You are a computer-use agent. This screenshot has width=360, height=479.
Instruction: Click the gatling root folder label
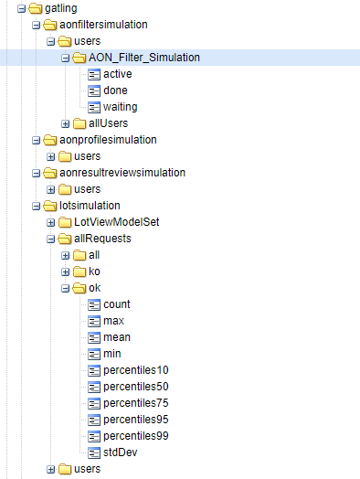pos(60,8)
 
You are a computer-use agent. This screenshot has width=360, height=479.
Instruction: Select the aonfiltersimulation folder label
pos(97,25)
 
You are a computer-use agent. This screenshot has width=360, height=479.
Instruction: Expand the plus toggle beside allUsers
pos(66,123)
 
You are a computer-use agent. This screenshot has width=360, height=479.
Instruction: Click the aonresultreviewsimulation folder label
pos(115,173)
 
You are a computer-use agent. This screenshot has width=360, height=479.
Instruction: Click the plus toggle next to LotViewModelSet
pos(51,222)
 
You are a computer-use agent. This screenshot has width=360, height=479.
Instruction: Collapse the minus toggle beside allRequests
pos(51,239)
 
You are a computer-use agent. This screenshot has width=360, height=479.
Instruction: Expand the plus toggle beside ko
pos(66,271)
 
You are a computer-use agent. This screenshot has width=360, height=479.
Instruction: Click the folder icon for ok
pos(79,288)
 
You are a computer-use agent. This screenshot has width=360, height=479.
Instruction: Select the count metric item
pos(117,304)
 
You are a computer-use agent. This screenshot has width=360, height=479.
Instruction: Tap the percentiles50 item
pos(136,387)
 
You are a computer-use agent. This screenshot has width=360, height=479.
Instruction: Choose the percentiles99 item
pos(136,436)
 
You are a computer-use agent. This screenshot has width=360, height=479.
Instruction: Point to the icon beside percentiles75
pos(94,403)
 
